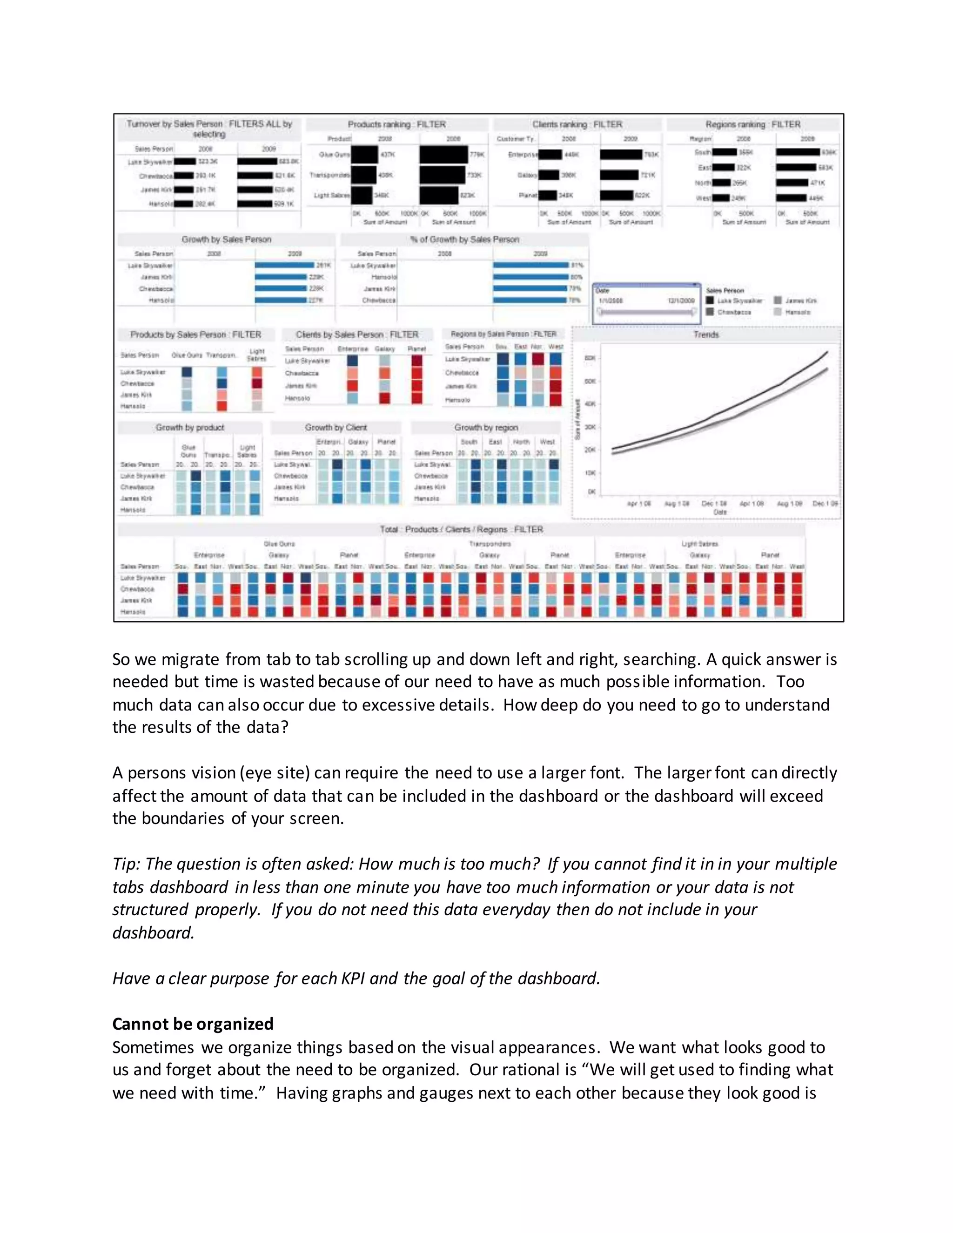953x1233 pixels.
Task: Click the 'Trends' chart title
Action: tap(706, 335)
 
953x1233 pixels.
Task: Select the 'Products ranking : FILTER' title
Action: tap(396, 124)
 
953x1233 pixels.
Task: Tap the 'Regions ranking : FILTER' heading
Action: tap(752, 124)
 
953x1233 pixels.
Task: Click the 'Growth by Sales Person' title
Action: tap(227, 239)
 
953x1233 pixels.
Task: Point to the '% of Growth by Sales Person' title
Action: tap(464, 239)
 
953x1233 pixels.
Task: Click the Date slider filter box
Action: tap(646, 304)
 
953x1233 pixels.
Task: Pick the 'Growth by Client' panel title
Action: tap(336, 428)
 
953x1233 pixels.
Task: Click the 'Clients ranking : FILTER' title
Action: tap(577, 124)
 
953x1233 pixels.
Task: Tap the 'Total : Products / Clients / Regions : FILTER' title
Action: tap(461, 529)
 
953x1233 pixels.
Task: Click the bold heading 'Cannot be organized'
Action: tap(193, 1024)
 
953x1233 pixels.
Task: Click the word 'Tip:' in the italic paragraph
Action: tap(127, 864)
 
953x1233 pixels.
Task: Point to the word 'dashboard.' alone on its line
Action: tap(153, 932)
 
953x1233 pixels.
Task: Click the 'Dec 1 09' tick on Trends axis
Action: tap(825, 503)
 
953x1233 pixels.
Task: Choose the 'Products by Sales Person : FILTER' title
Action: tap(195, 335)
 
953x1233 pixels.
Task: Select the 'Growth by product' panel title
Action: tap(190, 428)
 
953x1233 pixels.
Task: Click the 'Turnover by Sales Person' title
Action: tap(209, 129)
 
